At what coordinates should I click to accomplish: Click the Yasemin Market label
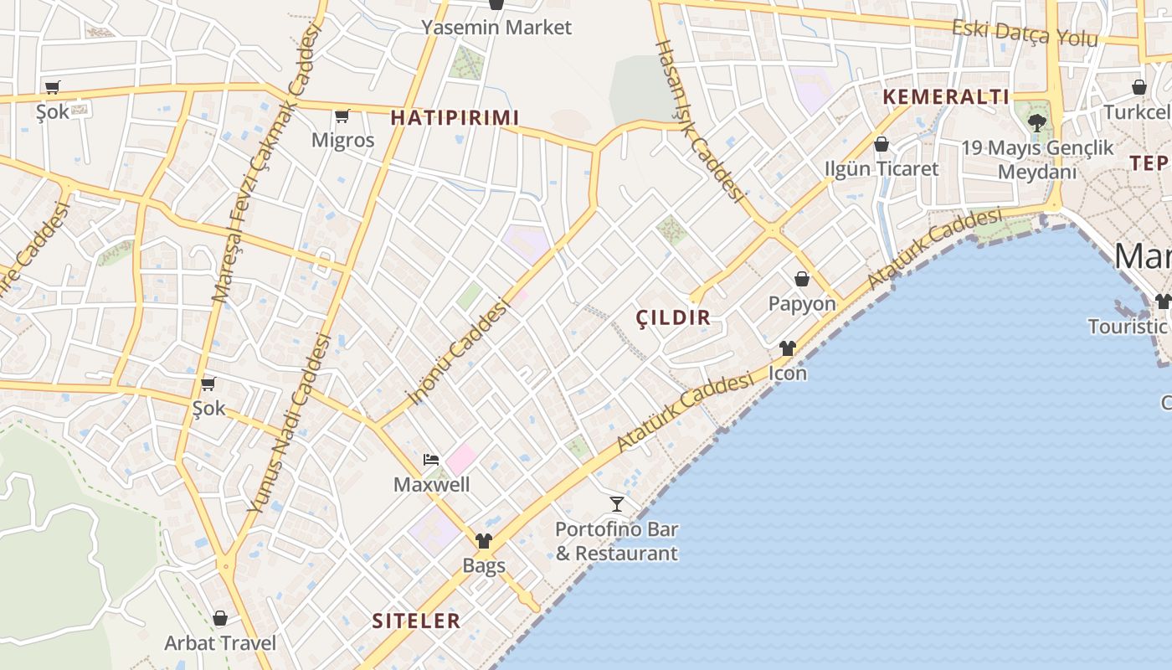pos(496,27)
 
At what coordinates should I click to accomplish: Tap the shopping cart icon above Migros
pos(342,116)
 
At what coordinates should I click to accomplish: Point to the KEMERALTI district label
pos(946,96)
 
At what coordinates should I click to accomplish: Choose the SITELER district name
pos(416,621)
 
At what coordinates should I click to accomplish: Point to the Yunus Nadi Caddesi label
pos(290,423)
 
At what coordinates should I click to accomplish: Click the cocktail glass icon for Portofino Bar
pos(617,504)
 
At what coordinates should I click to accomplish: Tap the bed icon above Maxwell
pos(431,460)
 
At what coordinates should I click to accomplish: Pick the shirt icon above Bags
pos(484,541)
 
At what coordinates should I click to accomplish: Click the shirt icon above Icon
pos(788,348)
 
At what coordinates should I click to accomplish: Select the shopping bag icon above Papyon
pos(802,279)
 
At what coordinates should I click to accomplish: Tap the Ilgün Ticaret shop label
pos(882,168)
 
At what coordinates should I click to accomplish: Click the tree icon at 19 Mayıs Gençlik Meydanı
pos(1037,123)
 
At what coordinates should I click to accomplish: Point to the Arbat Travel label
pos(220,643)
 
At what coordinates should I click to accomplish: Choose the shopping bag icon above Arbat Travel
pos(220,618)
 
